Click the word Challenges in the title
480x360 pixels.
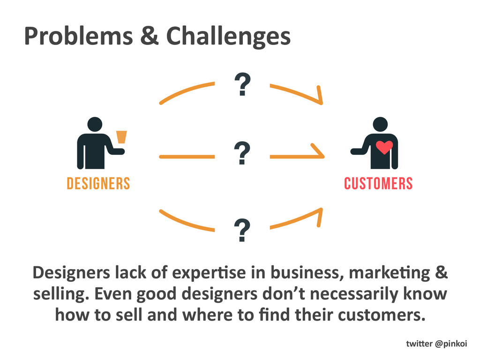coord(229,37)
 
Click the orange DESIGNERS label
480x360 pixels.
coord(98,183)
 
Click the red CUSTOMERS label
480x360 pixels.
coord(378,183)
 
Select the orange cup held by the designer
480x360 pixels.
coord(121,136)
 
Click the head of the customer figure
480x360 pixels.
coord(380,124)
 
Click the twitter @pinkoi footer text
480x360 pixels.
coord(436,344)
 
